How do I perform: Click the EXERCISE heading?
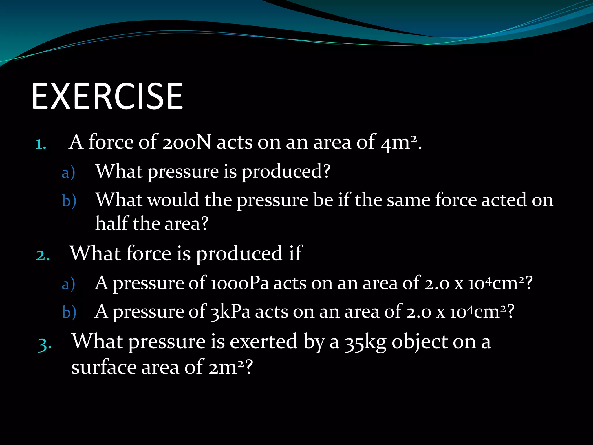tap(107, 96)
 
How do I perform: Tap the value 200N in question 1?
tap(186, 143)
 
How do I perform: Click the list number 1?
tap(41, 144)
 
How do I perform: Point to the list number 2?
tap(43, 256)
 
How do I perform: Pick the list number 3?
tap(45, 345)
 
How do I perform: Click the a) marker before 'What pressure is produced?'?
tap(68, 173)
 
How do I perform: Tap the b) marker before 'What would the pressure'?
tap(69, 201)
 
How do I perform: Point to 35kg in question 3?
tap(365, 342)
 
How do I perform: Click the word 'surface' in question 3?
tap(104, 367)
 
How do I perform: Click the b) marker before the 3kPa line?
tap(69, 313)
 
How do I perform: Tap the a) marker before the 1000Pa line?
tap(68, 284)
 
